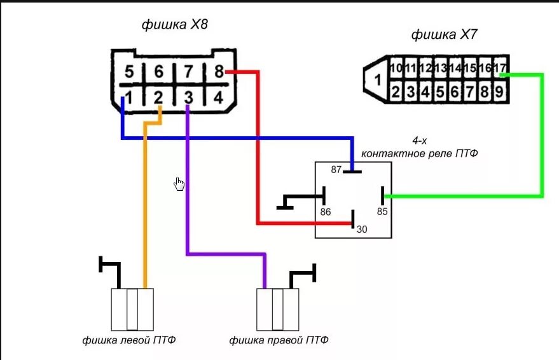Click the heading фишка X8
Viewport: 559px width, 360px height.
[x=175, y=25]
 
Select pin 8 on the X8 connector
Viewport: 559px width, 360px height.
[x=219, y=71]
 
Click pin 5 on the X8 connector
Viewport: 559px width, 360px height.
[x=129, y=71]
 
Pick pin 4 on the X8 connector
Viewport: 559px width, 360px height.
[x=217, y=98]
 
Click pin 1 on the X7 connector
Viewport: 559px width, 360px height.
[x=376, y=80]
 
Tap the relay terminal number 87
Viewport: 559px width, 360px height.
[x=336, y=169]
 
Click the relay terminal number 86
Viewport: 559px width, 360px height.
[x=326, y=212]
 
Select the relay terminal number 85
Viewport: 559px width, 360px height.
[x=382, y=212]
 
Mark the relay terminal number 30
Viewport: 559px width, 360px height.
[x=361, y=230]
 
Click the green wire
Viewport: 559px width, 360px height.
[x=542, y=140]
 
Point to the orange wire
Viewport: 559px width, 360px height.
[x=145, y=204]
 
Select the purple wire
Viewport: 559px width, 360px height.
[x=187, y=191]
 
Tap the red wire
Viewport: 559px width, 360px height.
[x=258, y=153]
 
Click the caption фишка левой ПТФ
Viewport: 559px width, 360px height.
[x=129, y=340]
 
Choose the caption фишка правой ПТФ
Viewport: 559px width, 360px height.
[x=279, y=340]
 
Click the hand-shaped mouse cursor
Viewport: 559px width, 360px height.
[x=180, y=184]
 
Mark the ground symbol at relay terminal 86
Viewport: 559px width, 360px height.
[x=286, y=202]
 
